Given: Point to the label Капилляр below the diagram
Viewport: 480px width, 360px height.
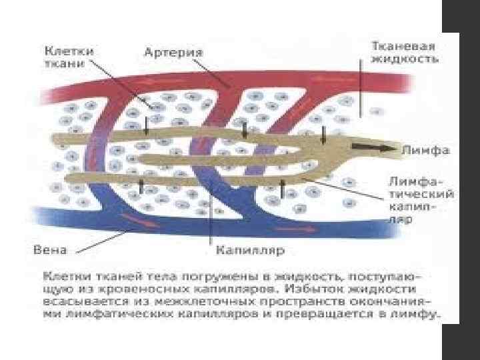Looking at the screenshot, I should coord(250,251).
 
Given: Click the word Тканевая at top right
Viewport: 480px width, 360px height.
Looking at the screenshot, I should coord(404,46).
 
